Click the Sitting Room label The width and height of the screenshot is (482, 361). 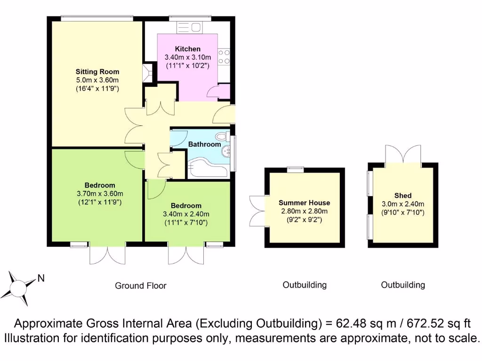tap(97, 72)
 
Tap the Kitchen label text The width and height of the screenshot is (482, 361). tap(188, 49)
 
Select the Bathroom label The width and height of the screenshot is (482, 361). tap(204, 144)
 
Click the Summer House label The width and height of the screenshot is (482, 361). tap(304, 203)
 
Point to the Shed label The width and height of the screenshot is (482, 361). tap(403, 196)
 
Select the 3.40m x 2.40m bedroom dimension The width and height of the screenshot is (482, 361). tap(186, 214)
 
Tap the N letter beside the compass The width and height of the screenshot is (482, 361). tap(41, 278)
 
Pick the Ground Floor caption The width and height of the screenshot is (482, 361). tap(141, 285)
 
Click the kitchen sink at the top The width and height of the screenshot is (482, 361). tap(189, 27)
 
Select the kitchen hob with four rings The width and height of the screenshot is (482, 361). tap(224, 56)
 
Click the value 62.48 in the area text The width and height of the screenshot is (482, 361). tap(353, 324)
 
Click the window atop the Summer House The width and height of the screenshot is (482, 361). tap(297, 169)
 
